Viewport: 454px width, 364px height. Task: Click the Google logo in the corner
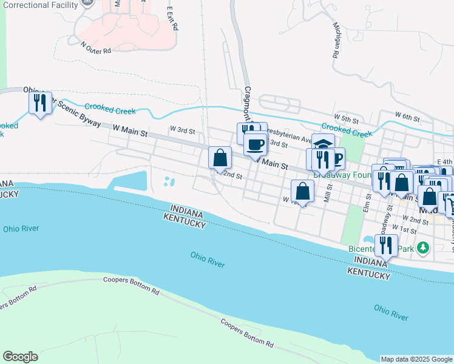(20, 357)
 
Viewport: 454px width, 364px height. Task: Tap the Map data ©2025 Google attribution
(416, 359)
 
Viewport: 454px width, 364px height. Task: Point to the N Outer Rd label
(96, 47)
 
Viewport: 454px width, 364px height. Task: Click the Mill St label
(328, 194)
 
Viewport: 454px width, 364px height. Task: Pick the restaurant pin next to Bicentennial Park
(385, 246)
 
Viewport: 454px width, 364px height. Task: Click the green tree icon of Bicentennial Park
(424, 248)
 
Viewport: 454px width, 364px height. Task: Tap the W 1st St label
(403, 228)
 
